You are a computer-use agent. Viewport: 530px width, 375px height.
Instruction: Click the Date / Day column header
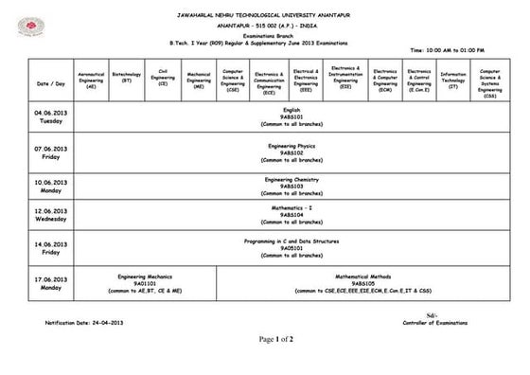50,82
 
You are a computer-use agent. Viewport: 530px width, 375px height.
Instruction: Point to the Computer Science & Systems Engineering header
490,81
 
